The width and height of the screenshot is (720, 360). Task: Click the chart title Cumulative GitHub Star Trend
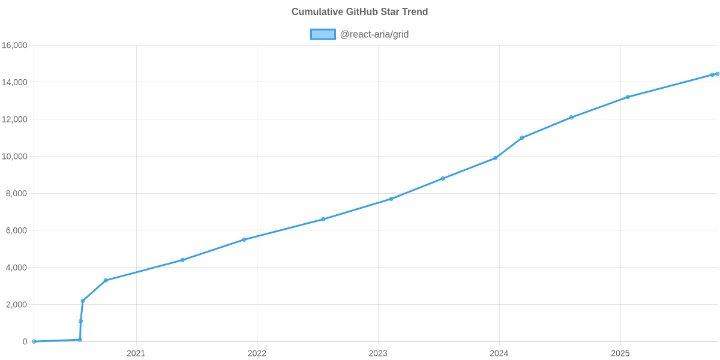click(x=359, y=12)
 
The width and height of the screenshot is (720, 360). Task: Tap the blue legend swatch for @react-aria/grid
click(x=323, y=35)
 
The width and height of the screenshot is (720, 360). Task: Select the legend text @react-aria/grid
click(x=374, y=35)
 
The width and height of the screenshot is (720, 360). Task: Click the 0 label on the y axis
click(x=25, y=341)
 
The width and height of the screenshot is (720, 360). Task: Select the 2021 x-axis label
click(x=136, y=353)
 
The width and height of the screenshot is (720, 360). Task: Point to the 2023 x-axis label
click(x=378, y=353)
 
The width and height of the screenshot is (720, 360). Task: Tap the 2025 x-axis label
click(x=620, y=353)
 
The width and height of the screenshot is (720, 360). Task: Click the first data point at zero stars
click(x=34, y=341)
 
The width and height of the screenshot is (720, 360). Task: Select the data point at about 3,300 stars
click(x=106, y=280)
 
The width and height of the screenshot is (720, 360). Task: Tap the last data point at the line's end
click(x=717, y=74)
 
